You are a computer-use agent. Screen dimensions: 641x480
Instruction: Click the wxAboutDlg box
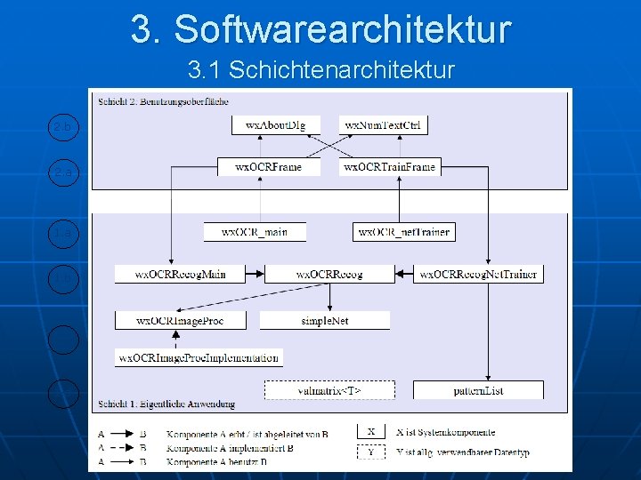point(269,125)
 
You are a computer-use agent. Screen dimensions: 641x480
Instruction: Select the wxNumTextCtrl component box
point(383,125)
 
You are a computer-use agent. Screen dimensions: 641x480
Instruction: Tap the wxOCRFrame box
point(268,166)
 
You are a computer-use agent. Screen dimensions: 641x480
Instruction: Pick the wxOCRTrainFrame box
point(390,166)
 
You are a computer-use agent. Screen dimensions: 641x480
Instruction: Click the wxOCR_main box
point(255,232)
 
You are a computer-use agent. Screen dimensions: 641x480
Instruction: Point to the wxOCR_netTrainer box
point(403,232)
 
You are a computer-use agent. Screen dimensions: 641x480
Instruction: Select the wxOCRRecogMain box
point(181,274)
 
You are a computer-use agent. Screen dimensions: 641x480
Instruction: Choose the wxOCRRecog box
point(329,274)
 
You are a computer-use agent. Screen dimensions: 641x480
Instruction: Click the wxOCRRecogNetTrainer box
point(479,274)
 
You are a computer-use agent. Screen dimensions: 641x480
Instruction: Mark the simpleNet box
point(325,320)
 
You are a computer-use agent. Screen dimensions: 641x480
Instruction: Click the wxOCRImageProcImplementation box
point(199,357)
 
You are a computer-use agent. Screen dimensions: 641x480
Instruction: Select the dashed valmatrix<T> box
point(329,389)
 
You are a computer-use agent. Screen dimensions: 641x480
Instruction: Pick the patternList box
point(478,389)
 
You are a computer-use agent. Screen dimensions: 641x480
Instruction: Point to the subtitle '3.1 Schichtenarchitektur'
point(320,69)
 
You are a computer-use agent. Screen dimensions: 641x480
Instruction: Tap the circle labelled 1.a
point(63,232)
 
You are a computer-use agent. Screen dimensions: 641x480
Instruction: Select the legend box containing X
point(371,432)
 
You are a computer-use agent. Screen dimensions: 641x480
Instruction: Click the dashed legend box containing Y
point(371,452)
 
